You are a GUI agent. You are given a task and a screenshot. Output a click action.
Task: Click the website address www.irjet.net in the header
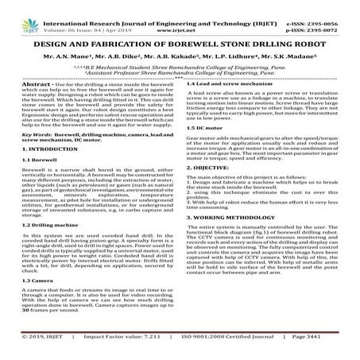(x=179, y=15)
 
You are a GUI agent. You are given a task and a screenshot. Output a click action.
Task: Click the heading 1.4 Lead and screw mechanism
(x=229, y=83)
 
